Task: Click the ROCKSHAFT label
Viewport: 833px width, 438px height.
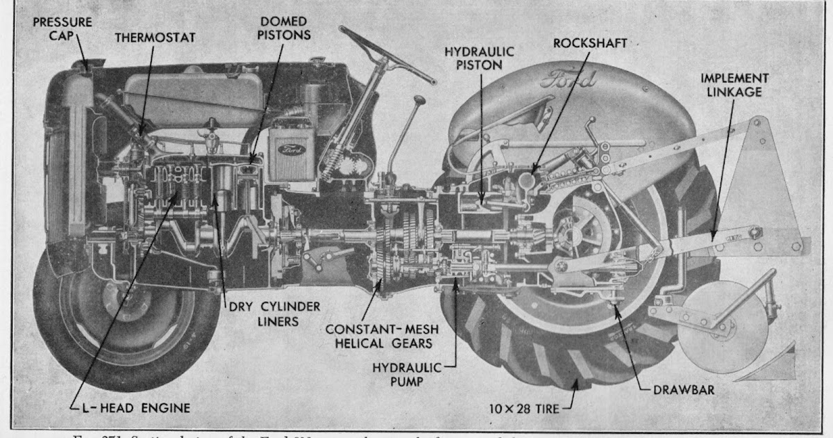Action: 590,43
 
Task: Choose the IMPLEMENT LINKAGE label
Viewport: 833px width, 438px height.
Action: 734,85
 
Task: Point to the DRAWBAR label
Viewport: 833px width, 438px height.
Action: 684,390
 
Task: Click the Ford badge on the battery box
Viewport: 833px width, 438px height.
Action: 287,149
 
